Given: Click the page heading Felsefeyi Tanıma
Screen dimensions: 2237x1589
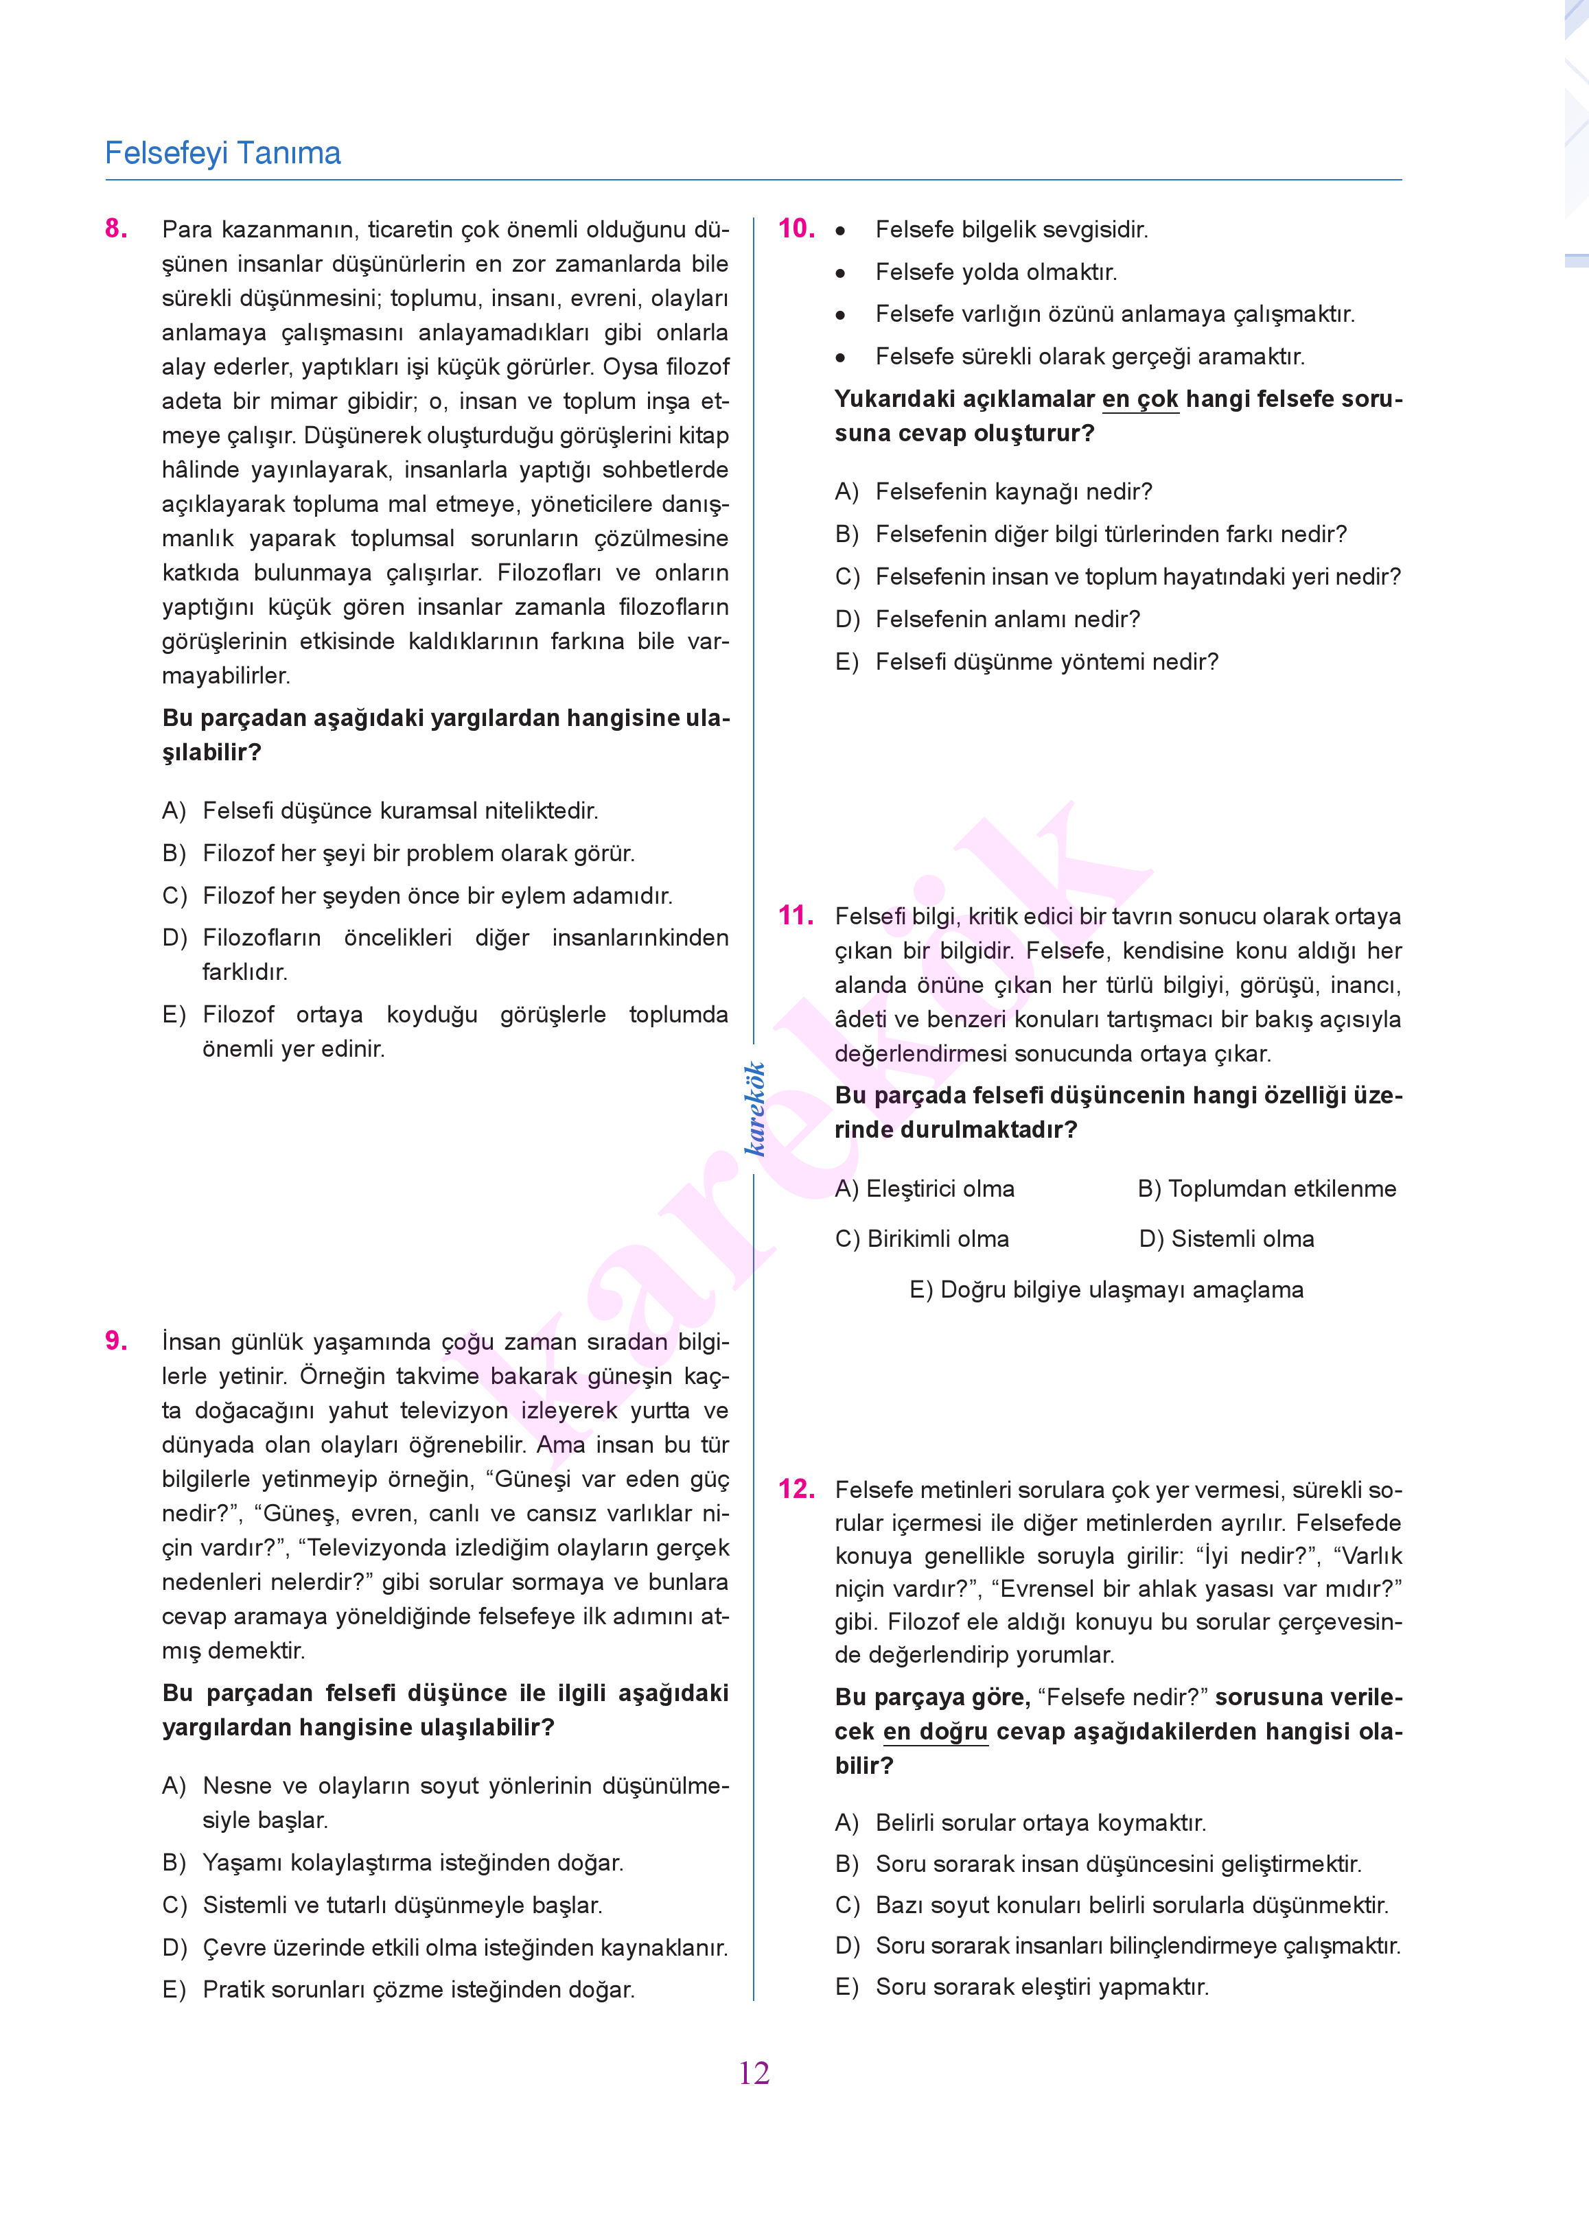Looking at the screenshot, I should tap(222, 154).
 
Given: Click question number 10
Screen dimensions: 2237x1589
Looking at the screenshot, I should tap(796, 229).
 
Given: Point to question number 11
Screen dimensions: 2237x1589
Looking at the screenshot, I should tap(796, 915).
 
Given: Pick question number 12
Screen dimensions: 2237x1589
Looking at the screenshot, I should tap(796, 1489).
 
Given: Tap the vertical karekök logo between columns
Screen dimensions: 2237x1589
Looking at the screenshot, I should tap(754, 1109).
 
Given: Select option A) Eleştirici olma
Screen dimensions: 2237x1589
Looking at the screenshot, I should tap(925, 1188).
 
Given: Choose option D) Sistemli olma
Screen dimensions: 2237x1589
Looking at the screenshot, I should tap(1226, 1239).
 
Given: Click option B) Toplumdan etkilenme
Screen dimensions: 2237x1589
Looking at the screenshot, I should tap(1267, 1188).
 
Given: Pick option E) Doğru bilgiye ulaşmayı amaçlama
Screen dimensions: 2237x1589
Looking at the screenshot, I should tap(1106, 1290).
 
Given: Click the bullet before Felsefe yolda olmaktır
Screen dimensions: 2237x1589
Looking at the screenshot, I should tap(839, 274).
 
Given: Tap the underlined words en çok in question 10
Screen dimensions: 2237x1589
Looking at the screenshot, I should tap(1140, 399).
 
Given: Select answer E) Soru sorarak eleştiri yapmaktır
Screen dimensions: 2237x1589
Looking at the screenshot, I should tap(1023, 1987).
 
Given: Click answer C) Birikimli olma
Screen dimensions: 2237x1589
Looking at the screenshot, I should tap(922, 1239).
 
